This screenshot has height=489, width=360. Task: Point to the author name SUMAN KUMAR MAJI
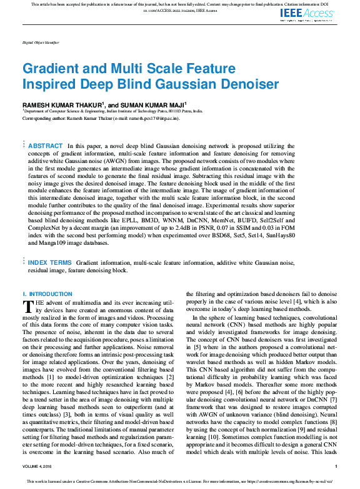[x=152, y=104]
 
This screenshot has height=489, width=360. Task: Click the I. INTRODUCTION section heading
[x=47, y=294]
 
